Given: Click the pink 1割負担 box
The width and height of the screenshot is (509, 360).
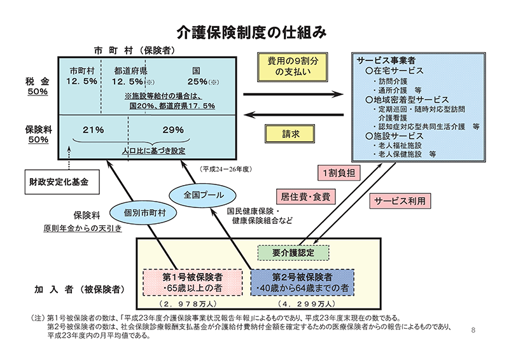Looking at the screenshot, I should coord(337,172).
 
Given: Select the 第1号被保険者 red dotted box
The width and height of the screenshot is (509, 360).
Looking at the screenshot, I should coord(192,283).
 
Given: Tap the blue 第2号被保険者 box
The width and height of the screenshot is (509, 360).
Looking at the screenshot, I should coord(302,283).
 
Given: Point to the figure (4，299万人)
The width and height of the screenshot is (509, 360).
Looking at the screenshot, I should coord(302,305).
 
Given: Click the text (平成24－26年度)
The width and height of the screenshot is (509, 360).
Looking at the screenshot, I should coord(227,169).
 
